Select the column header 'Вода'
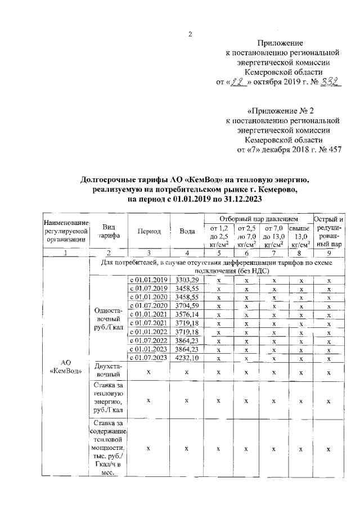tap(187, 232)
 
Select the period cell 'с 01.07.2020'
tap(148, 305)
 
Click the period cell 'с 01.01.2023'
tap(148, 349)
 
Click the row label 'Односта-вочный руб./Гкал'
tap(109, 318)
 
